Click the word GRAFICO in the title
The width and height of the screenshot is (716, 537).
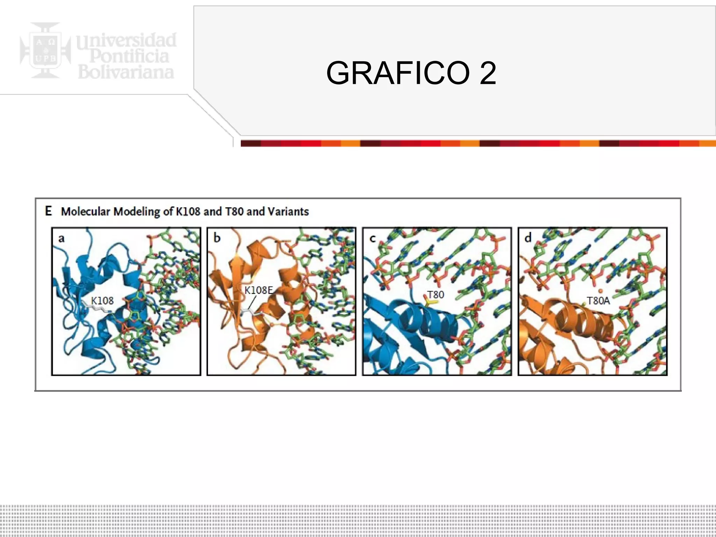pos(398,73)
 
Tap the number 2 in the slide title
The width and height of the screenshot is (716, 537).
pos(488,73)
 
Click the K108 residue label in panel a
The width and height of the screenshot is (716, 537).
pos(102,301)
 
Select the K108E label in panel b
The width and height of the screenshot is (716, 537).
pos(258,290)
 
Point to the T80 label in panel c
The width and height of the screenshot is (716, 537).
pos(436,295)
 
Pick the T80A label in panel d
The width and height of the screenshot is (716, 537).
pos(598,301)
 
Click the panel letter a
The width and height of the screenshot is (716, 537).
pos(61,238)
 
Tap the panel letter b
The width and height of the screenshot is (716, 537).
pos(217,238)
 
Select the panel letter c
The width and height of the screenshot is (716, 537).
pos(372,238)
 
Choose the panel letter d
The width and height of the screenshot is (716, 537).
pos(528,238)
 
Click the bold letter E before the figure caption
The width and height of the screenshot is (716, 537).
pos(48,211)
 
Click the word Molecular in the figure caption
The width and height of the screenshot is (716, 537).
pos(86,212)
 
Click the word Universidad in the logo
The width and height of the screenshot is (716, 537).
pos(127,41)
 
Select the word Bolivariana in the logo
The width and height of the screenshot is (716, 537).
pos(126,72)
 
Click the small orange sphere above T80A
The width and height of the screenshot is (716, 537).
pos(600,291)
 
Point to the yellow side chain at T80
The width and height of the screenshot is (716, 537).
pos(429,302)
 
